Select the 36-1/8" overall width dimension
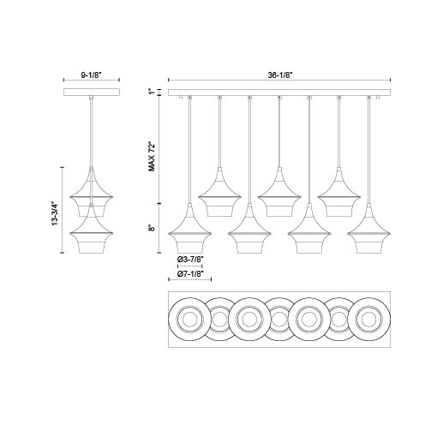pyautogui.click(x=278, y=75)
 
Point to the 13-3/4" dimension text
pyautogui.click(x=54, y=211)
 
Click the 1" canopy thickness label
pyautogui.click(x=151, y=92)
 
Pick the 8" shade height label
pyautogui.click(x=151, y=229)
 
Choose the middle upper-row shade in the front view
pyautogui.click(x=278, y=195)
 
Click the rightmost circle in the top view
pyautogui.click(x=369, y=321)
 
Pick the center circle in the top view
pyautogui.click(x=278, y=321)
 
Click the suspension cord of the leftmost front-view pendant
pyautogui.click(x=189, y=154)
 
